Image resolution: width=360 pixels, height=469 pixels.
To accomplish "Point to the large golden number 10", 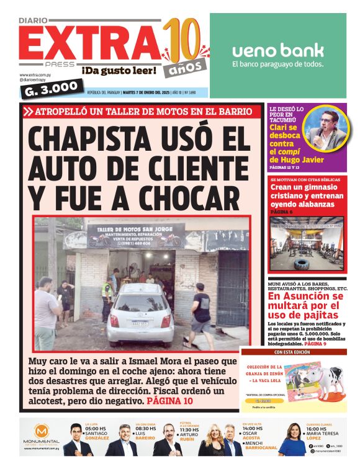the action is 184,39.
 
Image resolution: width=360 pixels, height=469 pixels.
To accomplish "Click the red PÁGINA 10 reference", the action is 170,401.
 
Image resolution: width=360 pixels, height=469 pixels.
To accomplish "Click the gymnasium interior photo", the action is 307,244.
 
